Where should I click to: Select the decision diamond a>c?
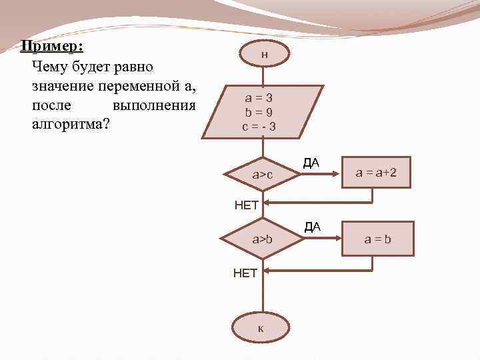tap(262, 175)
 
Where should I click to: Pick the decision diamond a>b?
tap(262, 239)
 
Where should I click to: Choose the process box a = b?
tap(378, 238)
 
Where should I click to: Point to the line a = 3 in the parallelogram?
tap(258, 97)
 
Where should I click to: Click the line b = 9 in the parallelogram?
tap(258, 111)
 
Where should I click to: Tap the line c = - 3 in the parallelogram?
tap(258, 125)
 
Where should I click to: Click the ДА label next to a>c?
tap(311, 162)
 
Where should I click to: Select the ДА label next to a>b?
tap(313, 227)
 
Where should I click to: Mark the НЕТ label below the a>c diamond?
tap(247, 206)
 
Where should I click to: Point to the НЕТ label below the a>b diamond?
tap(245, 273)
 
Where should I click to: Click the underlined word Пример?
tap(51, 47)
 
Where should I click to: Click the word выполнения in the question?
tap(155, 106)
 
